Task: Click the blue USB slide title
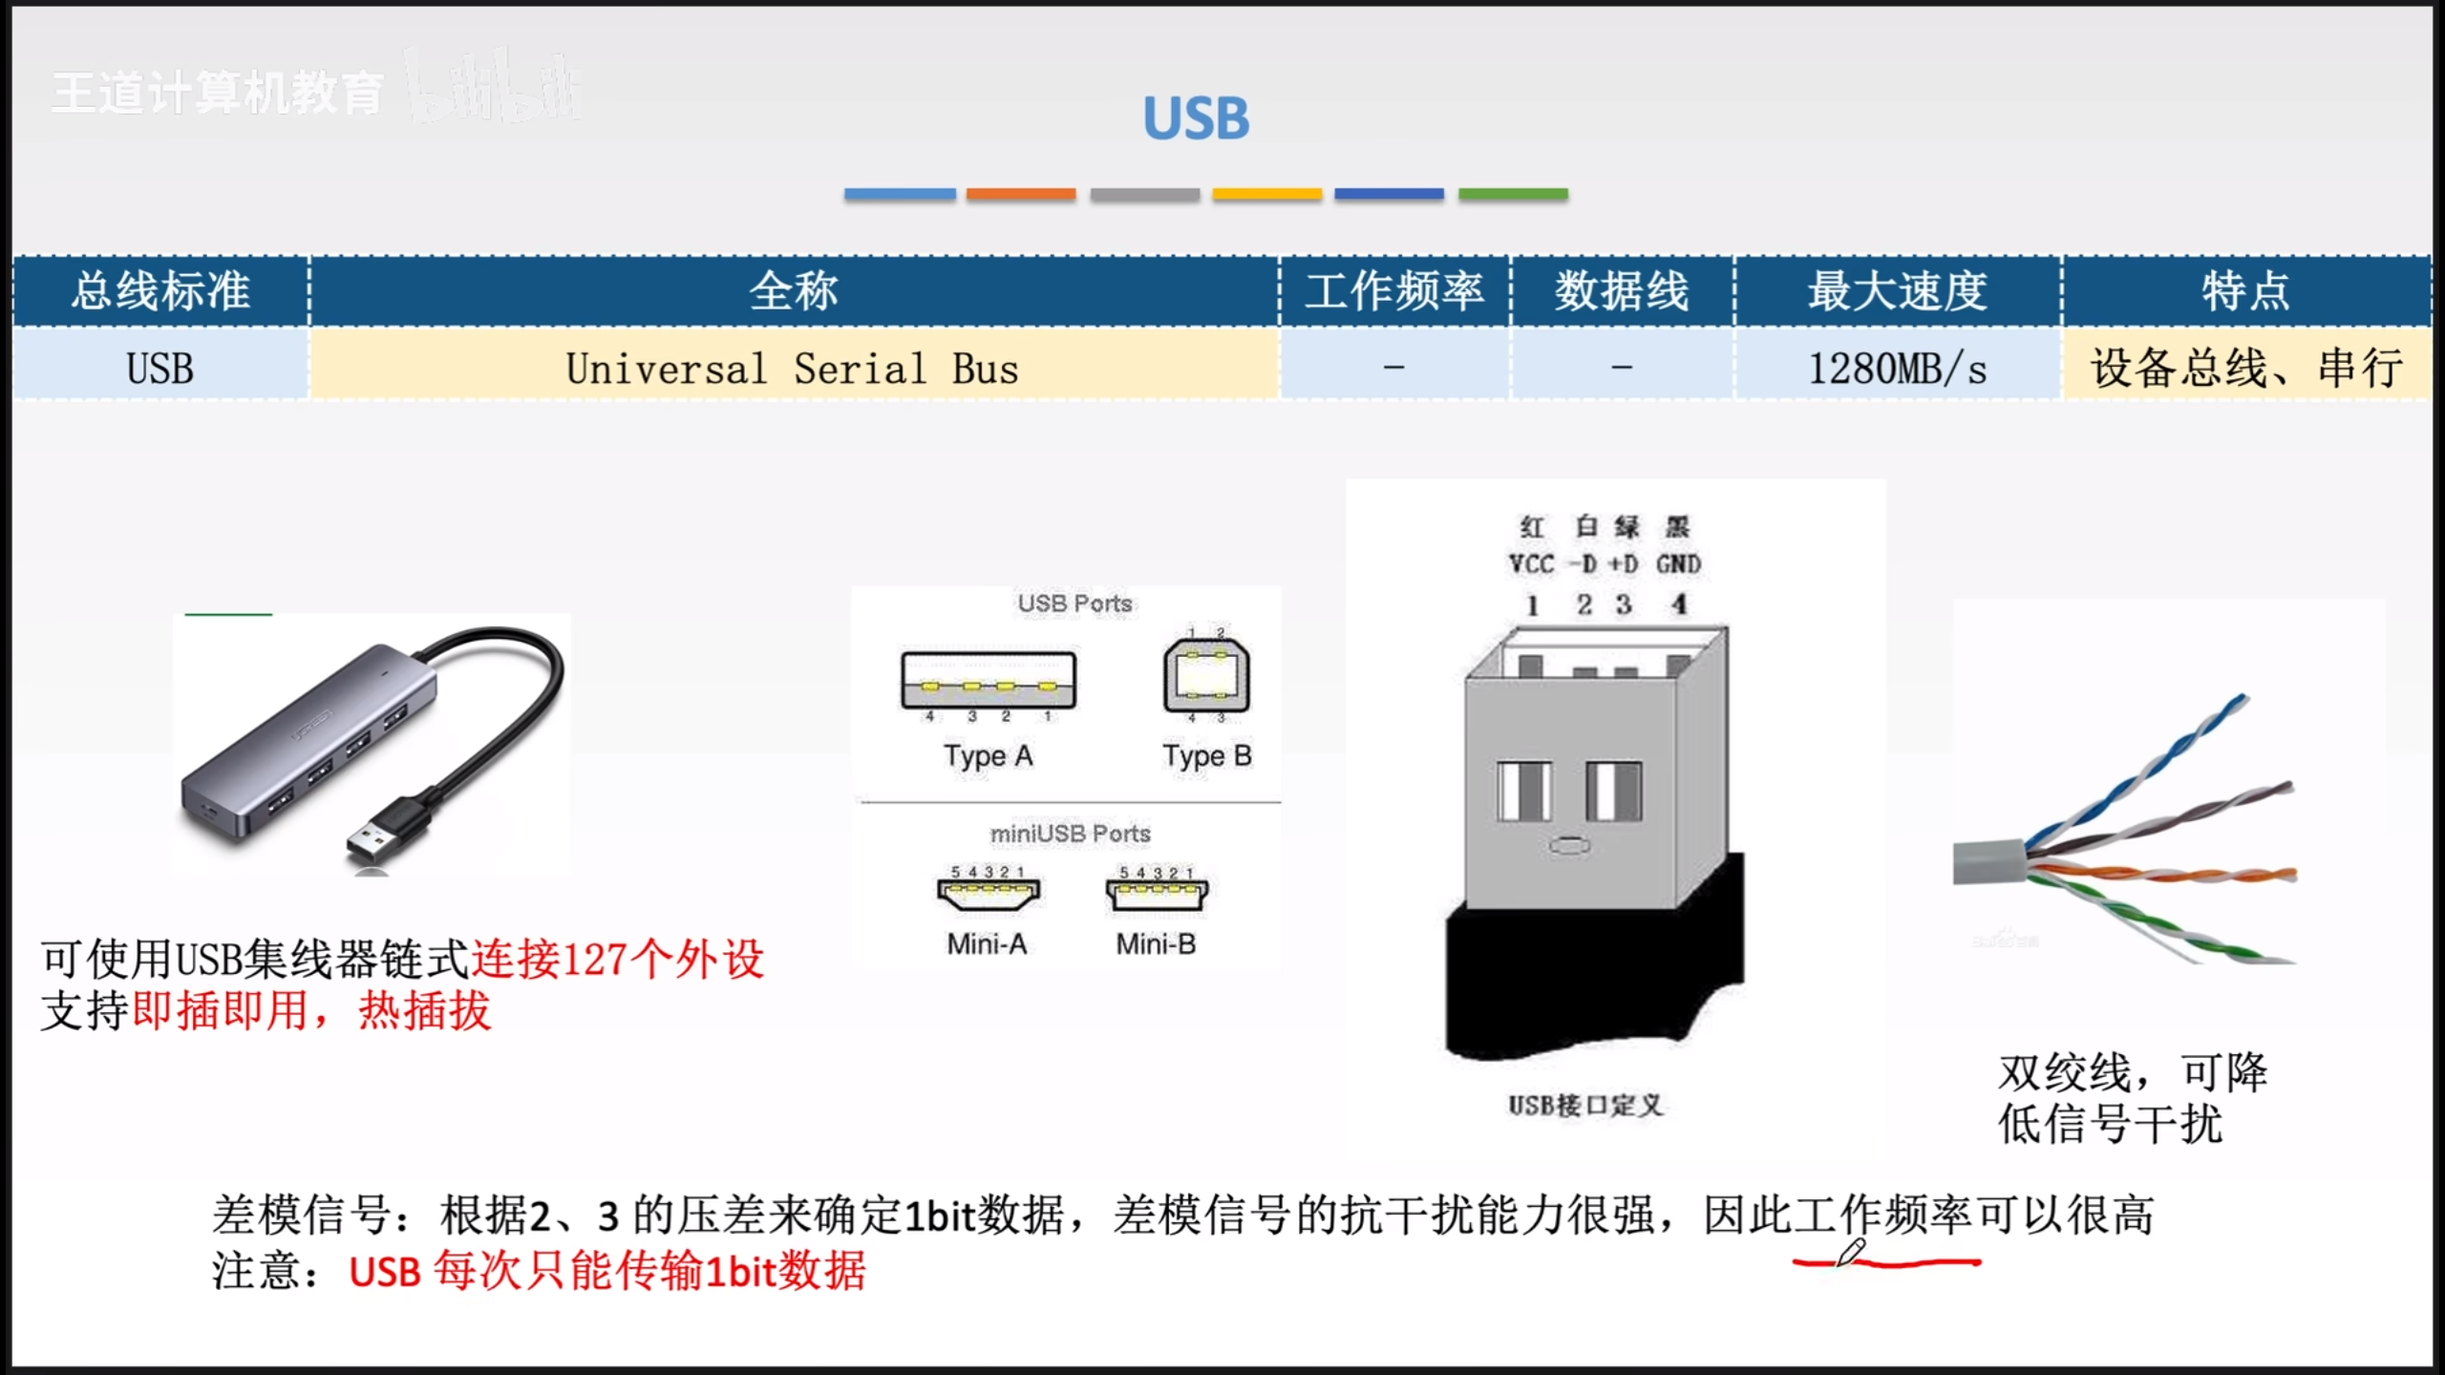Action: click(x=1196, y=118)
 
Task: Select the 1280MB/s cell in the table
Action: click(x=1897, y=369)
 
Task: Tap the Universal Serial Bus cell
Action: click(x=793, y=369)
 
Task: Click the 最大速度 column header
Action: click(x=1897, y=290)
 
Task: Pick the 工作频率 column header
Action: click(x=1393, y=290)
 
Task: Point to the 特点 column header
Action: click(x=2245, y=290)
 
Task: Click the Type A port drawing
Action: click(x=989, y=680)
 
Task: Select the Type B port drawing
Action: click(x=1206, y=676)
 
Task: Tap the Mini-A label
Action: click(x=987, y=944)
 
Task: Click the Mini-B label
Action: click(x=1156, y=944)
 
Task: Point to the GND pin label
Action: click(x=1678, y=564)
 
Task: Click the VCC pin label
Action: click(x=1531, y=564)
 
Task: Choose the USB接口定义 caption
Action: click(x=1585, y=1106)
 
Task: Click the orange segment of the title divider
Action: click(x=1021, y=194)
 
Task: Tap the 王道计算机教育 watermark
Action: click(x=218, y=94)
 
